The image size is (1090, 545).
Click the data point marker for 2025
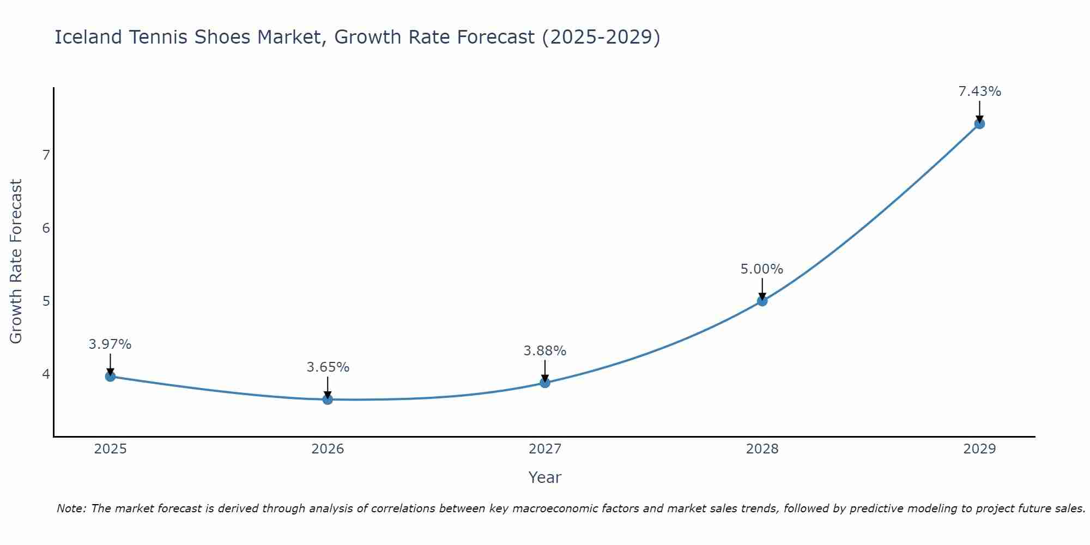tap(110, 376)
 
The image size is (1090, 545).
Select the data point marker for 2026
tap(328, 399)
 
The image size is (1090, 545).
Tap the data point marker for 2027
tap(545, 383)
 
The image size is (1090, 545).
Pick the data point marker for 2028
tap(762, 301)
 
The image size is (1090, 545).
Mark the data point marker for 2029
tap(979, 124)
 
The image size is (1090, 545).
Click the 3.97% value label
tap(110, 344)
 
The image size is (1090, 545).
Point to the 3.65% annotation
tap(328, 367)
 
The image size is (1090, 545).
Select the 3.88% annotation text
tap(545, 351)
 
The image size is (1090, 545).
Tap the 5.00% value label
tap(762, 269)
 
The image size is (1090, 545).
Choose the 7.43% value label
tap(979, 92)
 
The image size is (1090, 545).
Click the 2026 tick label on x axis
tap(328, 449)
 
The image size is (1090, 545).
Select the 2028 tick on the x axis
tap(762, 449)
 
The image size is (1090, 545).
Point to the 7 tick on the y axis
tap(46, 155)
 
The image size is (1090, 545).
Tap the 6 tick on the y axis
tap(46, 228)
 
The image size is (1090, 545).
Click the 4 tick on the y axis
tap(46, 374)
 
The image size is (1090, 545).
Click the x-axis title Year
tap(544, 477)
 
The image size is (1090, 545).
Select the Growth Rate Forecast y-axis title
tap(16, 262)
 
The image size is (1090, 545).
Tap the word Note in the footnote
tap(71, 508)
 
